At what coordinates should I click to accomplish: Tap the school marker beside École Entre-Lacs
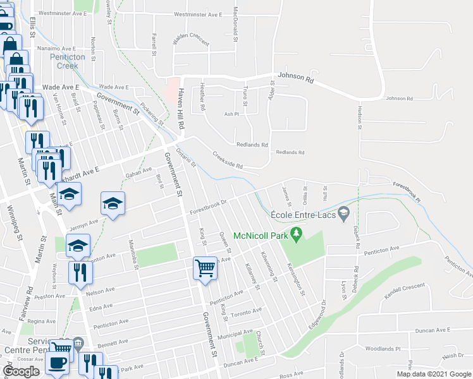344,214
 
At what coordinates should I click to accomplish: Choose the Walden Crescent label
191,39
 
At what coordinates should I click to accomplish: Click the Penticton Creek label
64,61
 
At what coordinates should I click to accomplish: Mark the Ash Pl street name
232,114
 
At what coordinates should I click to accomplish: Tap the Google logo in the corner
21,371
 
